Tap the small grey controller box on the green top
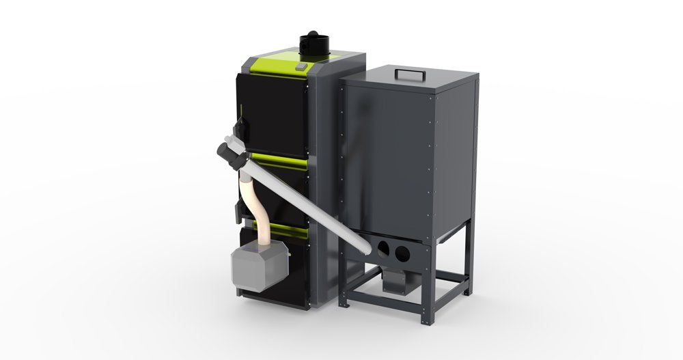point(301,66)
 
